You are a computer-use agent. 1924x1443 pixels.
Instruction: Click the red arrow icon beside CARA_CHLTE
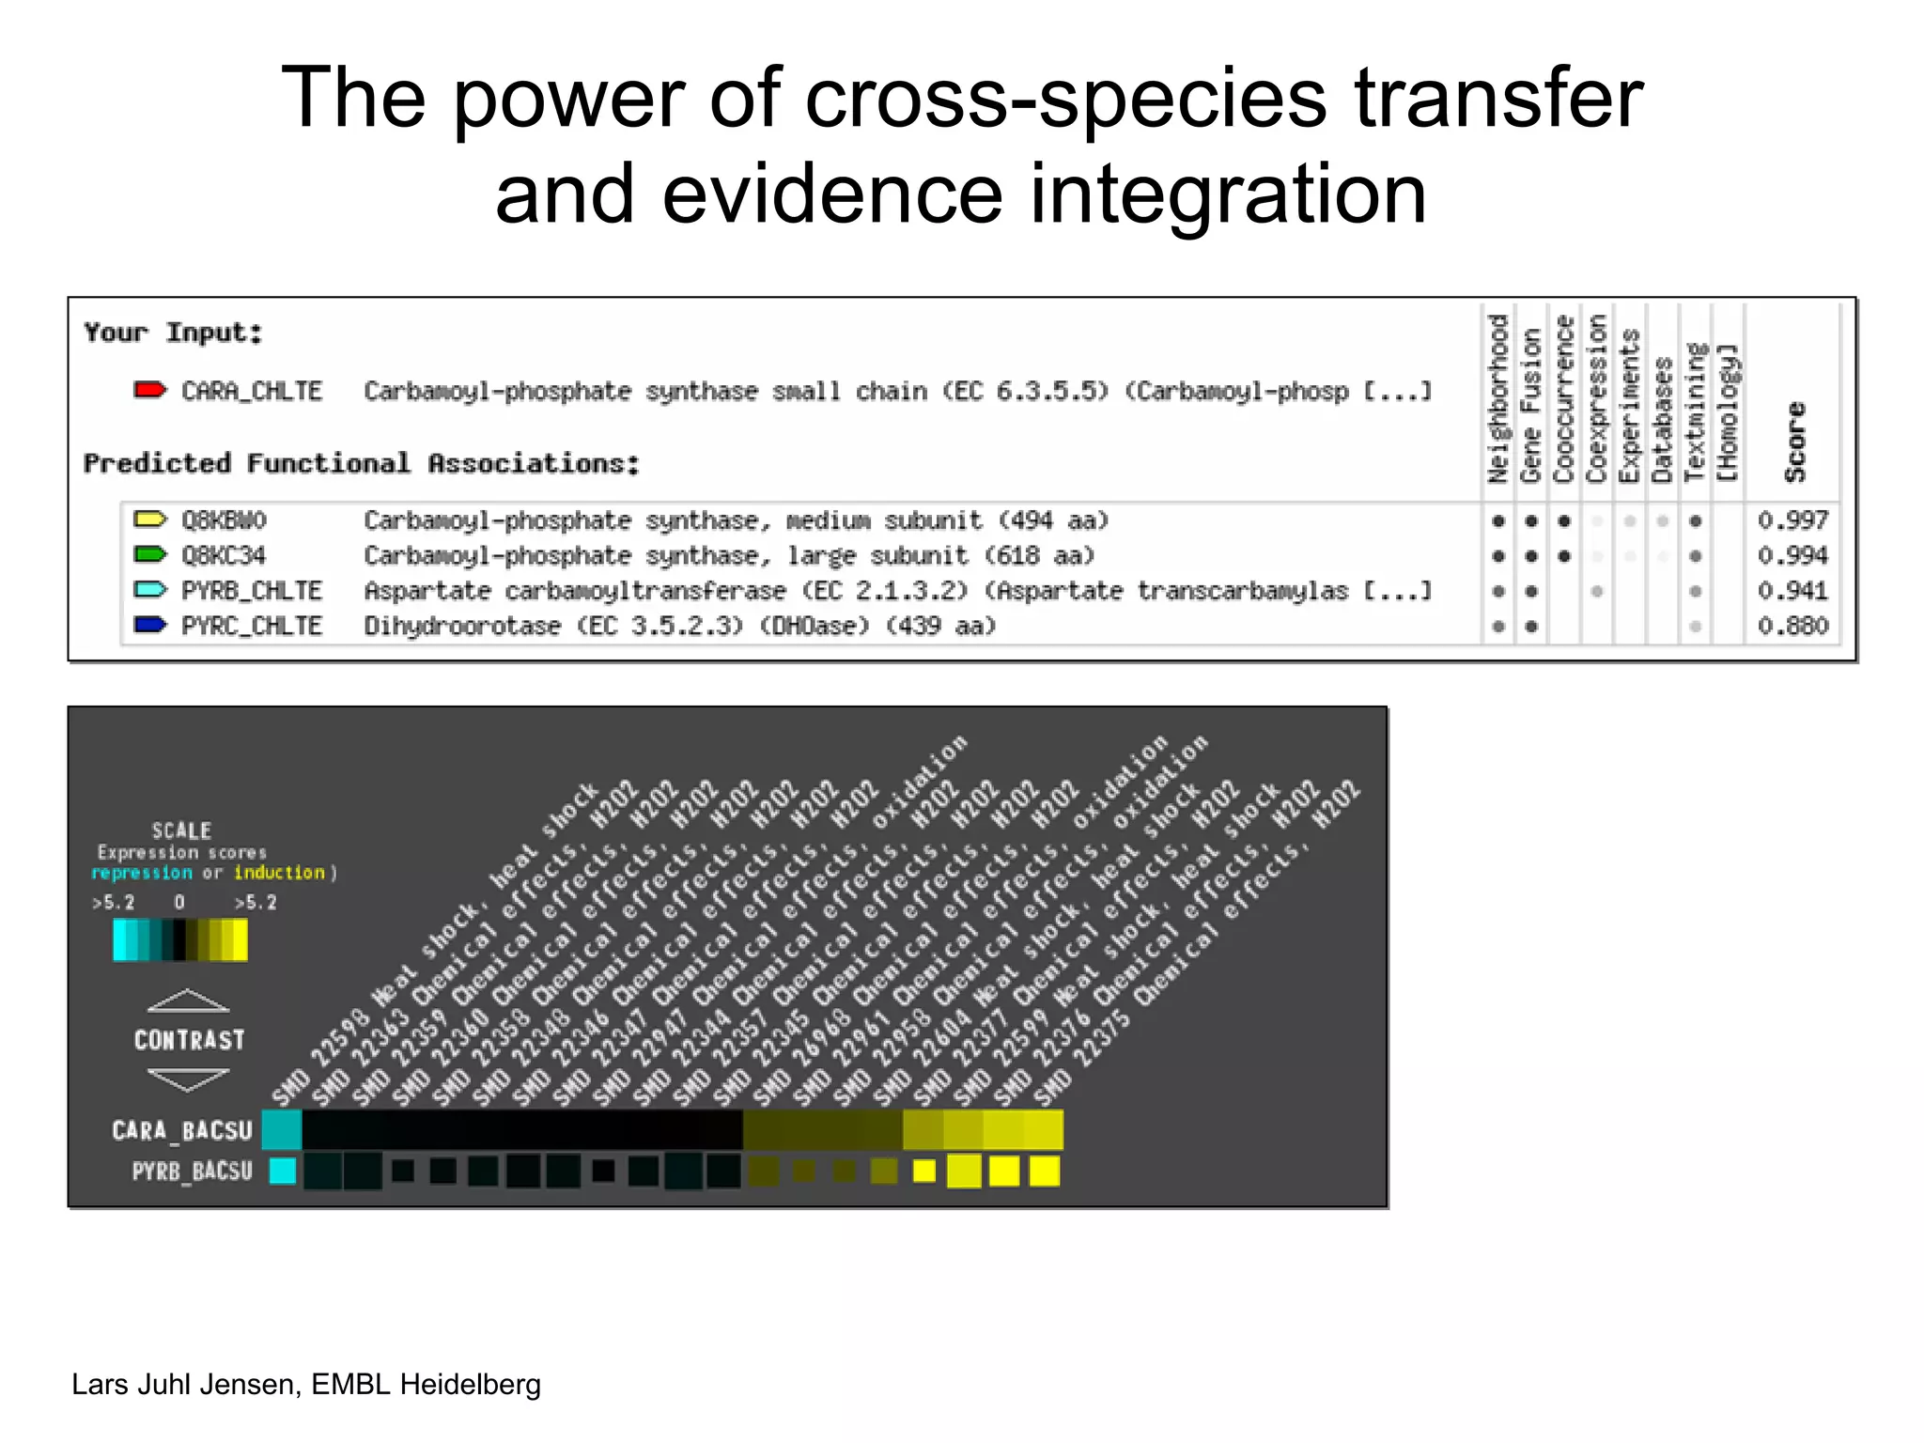coord(150,390)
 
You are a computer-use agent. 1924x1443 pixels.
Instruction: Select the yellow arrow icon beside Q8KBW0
coord(150,520)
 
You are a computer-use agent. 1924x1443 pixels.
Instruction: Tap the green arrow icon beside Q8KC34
coord(150,554)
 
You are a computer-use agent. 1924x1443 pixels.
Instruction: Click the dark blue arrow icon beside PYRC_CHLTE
coord(150,626)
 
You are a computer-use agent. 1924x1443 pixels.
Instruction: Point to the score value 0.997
coord(1792,520)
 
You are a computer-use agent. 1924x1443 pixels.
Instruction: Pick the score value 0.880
coord(1792,626)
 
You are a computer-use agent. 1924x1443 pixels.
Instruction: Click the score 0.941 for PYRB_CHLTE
coord(1792,591)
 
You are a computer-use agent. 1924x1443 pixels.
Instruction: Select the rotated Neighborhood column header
coord(1497,399)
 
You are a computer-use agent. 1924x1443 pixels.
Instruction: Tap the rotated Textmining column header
coord(1695,413)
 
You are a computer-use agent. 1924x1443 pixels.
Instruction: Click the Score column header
coord(1795,442)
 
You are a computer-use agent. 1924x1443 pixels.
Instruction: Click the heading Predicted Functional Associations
coord(362,463)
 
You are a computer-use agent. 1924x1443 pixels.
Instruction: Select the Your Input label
coord(173,333)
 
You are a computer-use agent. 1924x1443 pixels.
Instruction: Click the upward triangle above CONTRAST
coord(188,1001)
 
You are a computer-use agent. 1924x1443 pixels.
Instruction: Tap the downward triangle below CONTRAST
coord(188,1079)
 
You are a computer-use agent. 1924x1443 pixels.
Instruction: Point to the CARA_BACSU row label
coord(182,1130)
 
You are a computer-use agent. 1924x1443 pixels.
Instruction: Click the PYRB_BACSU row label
coord(192,1171)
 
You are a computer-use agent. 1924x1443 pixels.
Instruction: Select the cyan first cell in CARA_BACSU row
coord(281,1130)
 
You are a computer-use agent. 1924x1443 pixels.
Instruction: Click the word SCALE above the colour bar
coord(181,830)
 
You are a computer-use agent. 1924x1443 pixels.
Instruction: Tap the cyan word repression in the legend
coord(142,873)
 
